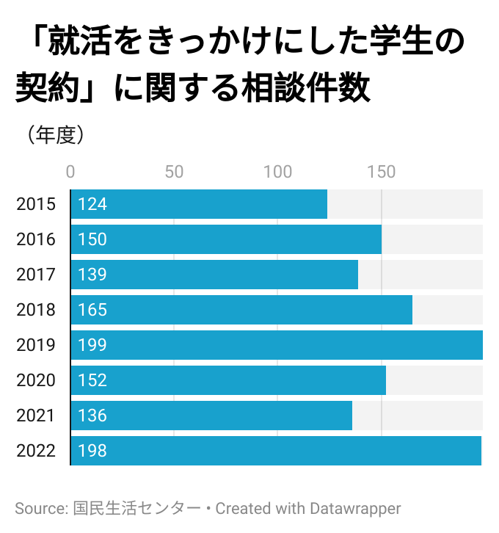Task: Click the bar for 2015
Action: pyautogui.click(x=199, y=204)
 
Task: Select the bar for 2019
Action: pyautogui.click(x=277, y=345)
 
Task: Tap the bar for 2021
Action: pyautogui.click(x=211, y=416)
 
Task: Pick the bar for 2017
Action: pyautogui.click(x=214, y=275)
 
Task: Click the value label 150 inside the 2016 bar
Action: pyautogui.click(x=92, y=239)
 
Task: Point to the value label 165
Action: pyautogui.click(x=92, y=310)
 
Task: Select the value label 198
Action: pyautogui.click(x=92, y=451)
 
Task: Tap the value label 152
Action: pyautogui.click(x=92, y=380)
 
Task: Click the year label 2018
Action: pyautogui.click(x=36, y=310)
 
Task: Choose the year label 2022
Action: pyautogui.click(x=36, y=451)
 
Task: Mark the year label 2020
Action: pyautogui.click(x=36, y=380)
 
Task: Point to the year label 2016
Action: pyautogui.click(x=36, y=239)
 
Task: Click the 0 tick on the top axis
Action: pyautogui.click(x=70, y=173)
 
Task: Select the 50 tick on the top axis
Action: pyautogui.click(x=174, y=173)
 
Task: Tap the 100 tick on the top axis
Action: pyautogui.click(x=277, y=173)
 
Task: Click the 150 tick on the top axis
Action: pyautogui.click(x=382, y=173)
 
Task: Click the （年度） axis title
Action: pyautogui.click(x=55, y=136)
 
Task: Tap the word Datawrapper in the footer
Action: pyautogui.click(x=356, y=508)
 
